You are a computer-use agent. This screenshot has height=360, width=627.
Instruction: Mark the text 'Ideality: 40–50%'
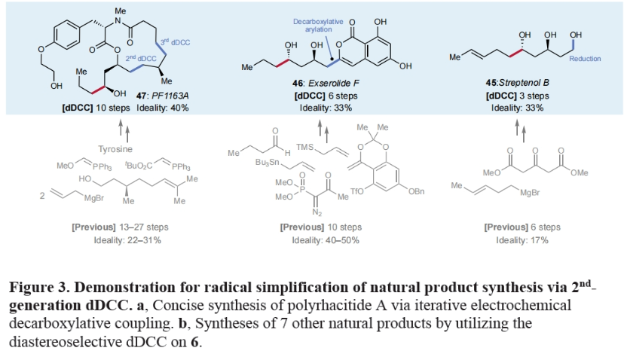coord(320,239)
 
